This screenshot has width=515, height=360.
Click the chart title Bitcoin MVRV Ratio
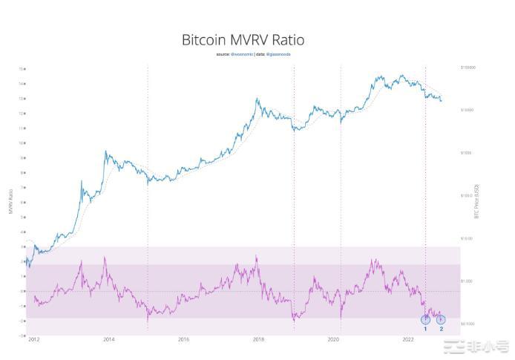[x=243, y=39]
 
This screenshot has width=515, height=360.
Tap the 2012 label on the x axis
[x=34, y=339]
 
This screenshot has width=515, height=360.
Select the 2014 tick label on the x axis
[x=109, y=339]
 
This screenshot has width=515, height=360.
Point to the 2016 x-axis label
[x=183, y=339]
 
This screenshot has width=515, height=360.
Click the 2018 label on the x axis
[x=258, y=339]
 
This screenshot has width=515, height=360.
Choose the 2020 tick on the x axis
[x=333, y=339]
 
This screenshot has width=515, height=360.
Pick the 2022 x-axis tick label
[x=407, y=339]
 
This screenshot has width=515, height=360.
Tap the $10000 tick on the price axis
[x=467, y=110]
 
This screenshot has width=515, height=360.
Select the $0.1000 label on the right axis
[x=467, y=324]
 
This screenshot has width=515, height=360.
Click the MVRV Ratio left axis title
[x=10, y=200]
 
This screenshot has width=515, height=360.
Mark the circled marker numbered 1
[x=425, y=319]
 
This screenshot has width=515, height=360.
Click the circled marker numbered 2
[x=441, y=319]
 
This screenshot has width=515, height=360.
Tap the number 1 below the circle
[x=425, y=328]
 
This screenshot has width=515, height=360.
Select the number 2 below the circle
[x=442, y=328]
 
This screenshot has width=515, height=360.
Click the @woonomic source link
[x=241, y=54]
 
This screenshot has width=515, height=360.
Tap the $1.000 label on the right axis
[x=467, y=281]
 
